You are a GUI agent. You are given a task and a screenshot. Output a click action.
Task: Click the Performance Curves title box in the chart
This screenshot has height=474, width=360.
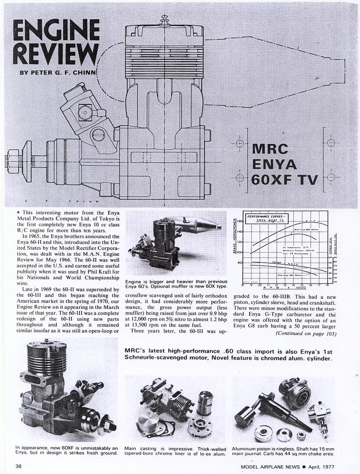(265, 218)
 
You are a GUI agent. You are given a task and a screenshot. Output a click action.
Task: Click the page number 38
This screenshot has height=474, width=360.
(19, 466)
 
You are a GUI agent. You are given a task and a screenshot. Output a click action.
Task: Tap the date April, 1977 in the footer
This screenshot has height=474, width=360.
(328, 466)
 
